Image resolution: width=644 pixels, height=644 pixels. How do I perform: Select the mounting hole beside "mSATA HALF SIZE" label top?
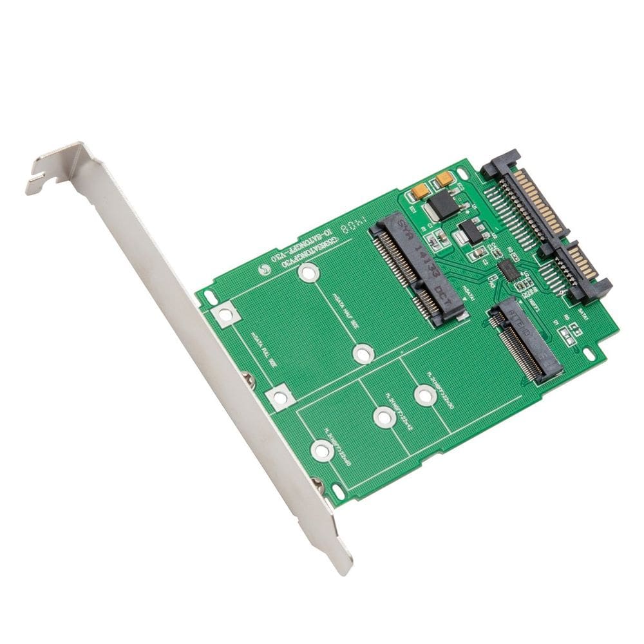click(309, 274)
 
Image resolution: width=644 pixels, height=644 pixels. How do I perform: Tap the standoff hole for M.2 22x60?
click(322, 450)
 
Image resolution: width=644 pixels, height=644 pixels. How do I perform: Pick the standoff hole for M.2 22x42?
click(384, 418)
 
